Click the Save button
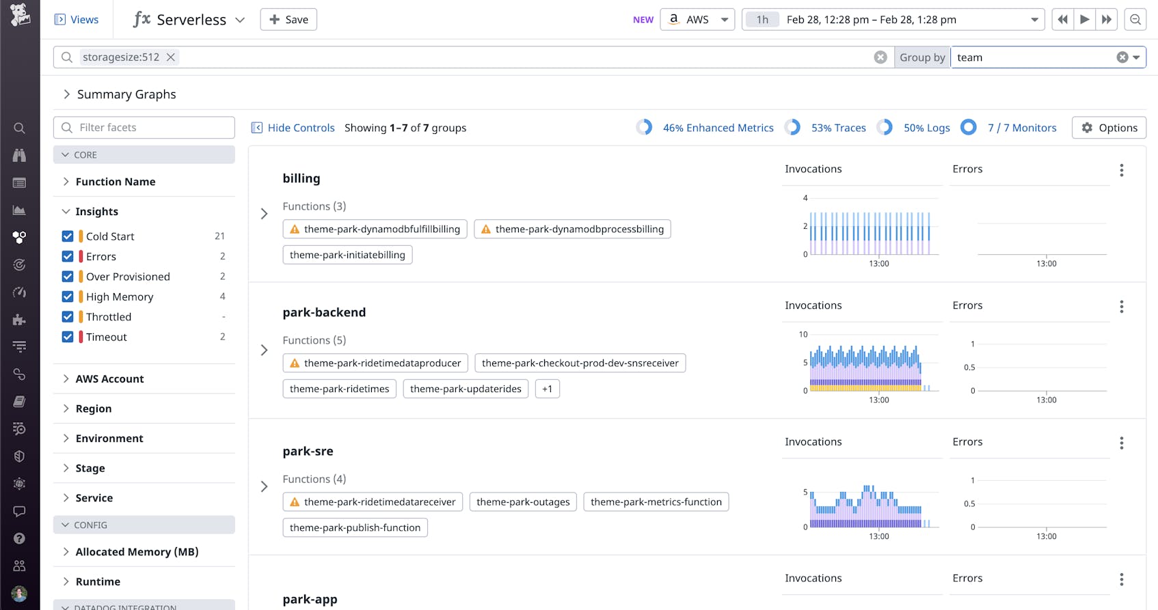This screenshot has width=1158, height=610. coord(288,20)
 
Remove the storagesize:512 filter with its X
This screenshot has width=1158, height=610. coord(171,57)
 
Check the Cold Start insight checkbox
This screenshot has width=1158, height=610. coord(68,236)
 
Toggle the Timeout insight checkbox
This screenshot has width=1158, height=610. coord(68,337)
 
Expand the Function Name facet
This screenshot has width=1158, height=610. coord(115,182)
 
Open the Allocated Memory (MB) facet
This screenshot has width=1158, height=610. coord(137,552)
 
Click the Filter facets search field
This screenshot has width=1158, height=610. coord(144,128)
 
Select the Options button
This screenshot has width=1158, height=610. coord(1109,128)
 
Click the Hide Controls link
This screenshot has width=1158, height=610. coord(293,128)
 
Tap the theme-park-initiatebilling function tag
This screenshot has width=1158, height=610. coord(347,255)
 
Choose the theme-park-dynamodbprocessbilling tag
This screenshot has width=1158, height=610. coord(572,229)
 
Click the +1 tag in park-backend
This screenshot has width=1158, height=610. coord(547,389)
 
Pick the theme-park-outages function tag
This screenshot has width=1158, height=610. coord(523,502)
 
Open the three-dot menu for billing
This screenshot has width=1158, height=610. coord(1121,170)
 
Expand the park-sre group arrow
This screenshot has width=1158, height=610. coord(265,486)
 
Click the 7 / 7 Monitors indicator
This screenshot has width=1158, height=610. coord(1021,128)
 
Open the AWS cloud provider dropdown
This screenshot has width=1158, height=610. coord(697,20)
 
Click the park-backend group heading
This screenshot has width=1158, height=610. coord(324,312)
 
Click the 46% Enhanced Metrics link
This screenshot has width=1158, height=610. coord(718,128)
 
